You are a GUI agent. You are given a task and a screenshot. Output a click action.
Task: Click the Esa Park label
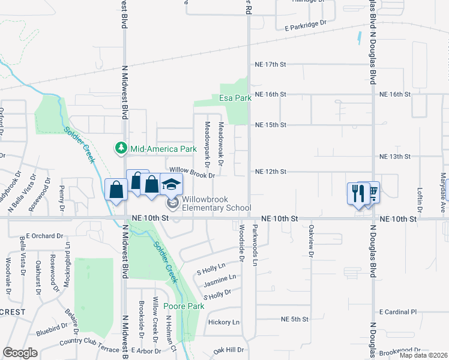pyautogui.click(x=235, y=98)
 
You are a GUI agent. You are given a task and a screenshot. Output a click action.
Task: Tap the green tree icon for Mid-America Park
pyautogui.click(x=121, y=148)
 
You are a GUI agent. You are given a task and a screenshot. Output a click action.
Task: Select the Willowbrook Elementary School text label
pyautogui.click(x=216, y=203)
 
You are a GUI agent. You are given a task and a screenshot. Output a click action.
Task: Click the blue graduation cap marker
pyautogui.click(x=171, y=184)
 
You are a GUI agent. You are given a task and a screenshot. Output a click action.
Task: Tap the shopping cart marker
pyautogui.click(x=372, y=192)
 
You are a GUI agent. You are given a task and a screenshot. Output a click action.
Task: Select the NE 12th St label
pyautogui.click(x=271, y=172)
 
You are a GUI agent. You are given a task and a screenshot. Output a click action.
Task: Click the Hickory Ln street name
pyautogui.click(x=223, y=322)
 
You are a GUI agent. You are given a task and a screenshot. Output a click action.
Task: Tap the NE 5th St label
pyautogui.click(x=297, y=319)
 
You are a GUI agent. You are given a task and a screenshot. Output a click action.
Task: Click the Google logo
pyautogui.click(x=20, y=353)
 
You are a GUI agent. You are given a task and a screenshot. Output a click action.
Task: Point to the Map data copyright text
pyautogui.click(x=423, y=355)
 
